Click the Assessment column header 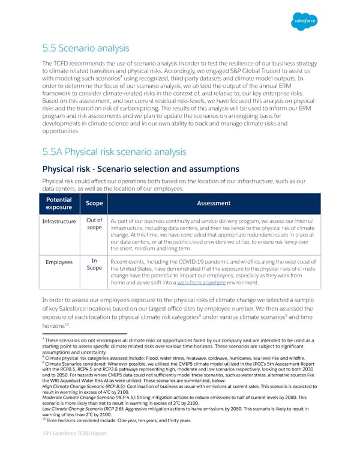click(x=214, y=204)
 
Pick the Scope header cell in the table click(x=92, y=204)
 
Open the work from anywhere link click(x=201, y=283)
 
